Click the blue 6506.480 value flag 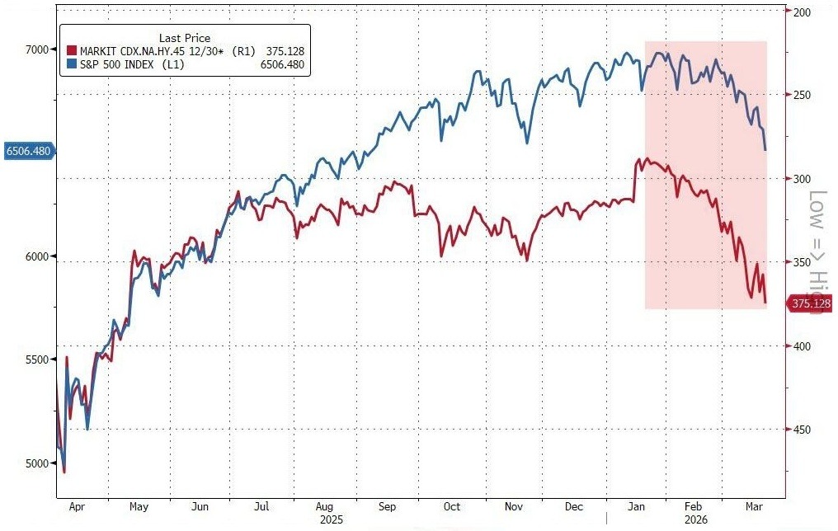[28, 151]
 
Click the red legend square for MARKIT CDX [72, 51]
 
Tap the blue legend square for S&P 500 [72, 63]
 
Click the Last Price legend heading [185, 38]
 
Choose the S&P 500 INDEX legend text [124, 63]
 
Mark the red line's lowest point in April [64, 472]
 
